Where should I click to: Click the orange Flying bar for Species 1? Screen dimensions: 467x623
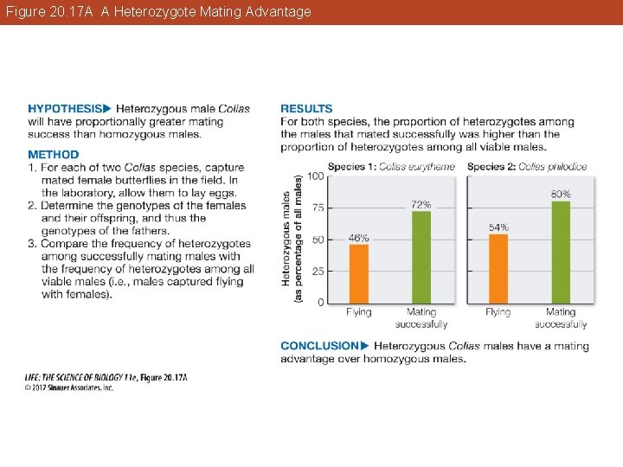(359, 273)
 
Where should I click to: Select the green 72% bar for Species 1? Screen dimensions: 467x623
(421, 257)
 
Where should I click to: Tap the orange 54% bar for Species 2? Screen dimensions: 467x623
(498, 268)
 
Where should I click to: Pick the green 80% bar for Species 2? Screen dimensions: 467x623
(561, 252)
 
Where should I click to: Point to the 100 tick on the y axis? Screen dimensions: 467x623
(316, 176)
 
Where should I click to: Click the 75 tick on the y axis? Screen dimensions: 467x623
(318, 208)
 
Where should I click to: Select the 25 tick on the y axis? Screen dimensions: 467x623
(318, 271)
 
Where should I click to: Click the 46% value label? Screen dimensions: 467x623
(358, 237)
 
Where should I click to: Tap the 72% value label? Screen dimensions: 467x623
(421, 204)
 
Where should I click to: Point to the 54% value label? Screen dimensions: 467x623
(498, 227)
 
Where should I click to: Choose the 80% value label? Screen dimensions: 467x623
(561, 195)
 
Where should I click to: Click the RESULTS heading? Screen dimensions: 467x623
(306, 109)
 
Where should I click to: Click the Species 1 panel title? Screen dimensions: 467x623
(391, 166)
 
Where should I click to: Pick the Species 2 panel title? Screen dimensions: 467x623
(527, 166)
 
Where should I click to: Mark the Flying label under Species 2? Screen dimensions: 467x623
(498, 312)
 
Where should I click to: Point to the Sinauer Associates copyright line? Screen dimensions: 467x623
(68, 387)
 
